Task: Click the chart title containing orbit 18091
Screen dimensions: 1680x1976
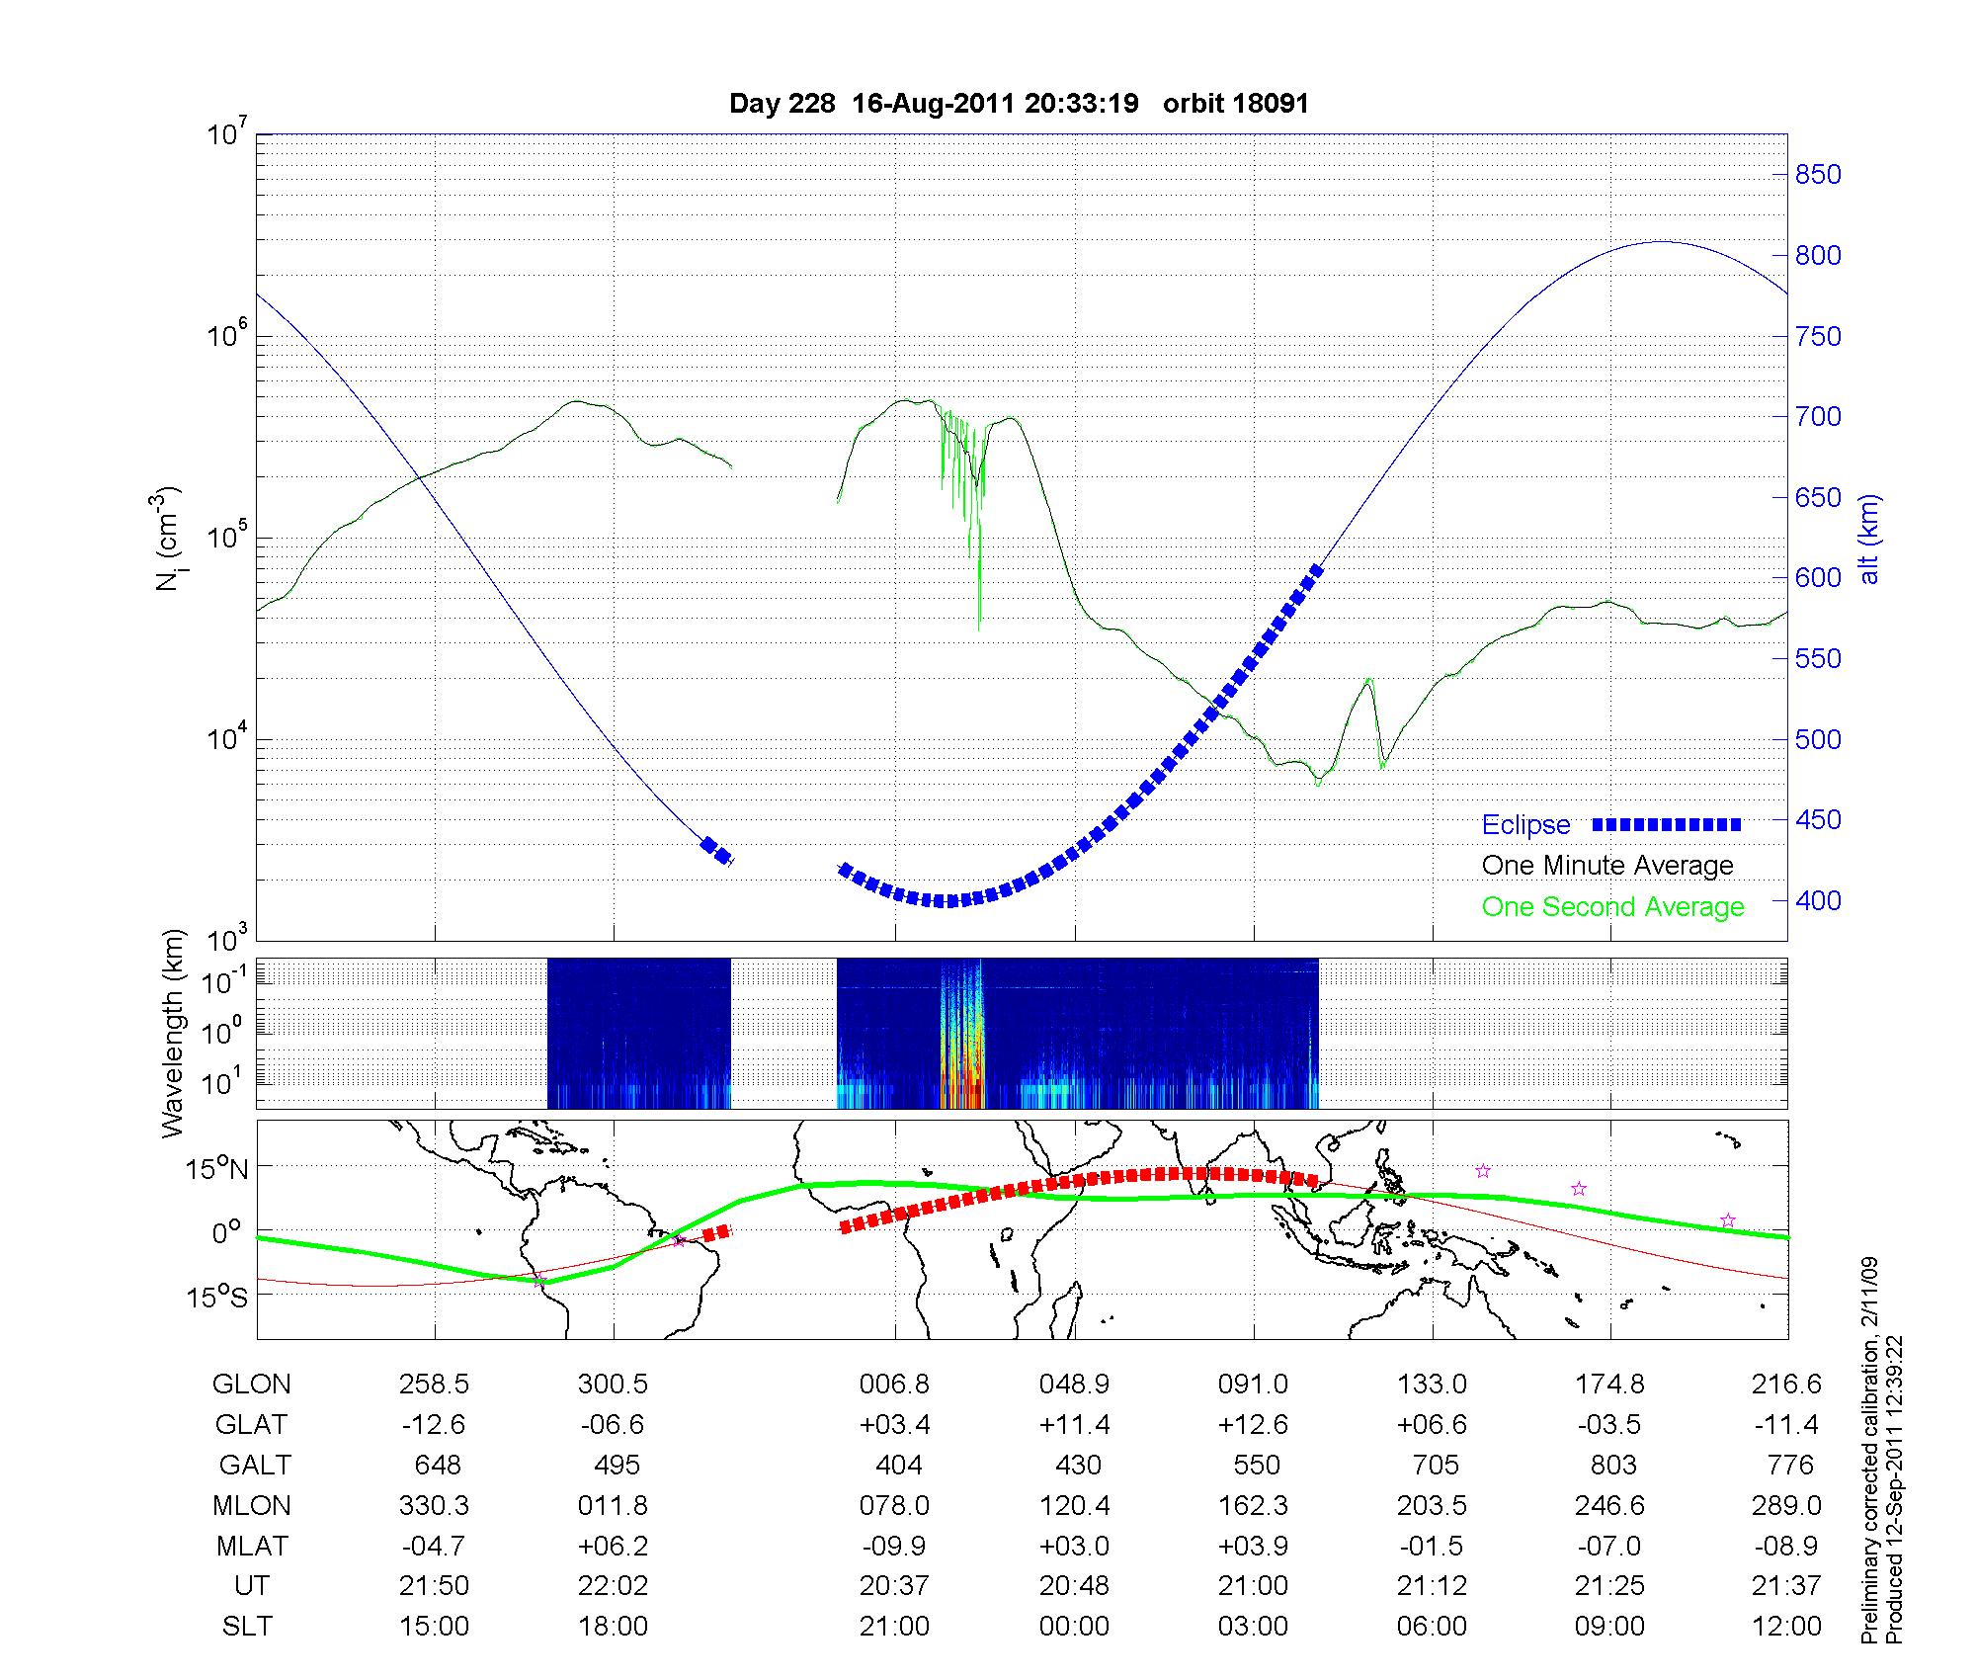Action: (1019, 104)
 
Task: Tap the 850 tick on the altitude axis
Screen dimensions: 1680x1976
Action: (1818, 175)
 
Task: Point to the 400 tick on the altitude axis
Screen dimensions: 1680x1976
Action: (1818, 900)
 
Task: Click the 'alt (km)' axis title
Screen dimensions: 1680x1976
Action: (1868, 539)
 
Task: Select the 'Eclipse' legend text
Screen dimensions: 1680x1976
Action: (1525, 825)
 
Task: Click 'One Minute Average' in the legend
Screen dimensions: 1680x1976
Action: (1607, 866)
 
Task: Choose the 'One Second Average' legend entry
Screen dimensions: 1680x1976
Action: (1612, 907)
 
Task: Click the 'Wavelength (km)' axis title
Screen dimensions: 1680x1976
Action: (173, 1033)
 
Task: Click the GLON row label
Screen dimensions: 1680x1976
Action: (251, 1385)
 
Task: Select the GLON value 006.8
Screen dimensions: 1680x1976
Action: (894, 1385)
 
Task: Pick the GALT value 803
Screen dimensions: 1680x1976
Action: (1612, 1465)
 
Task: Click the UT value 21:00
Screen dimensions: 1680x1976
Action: (1253, 1586)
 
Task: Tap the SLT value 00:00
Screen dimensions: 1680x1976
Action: (1074, 1627)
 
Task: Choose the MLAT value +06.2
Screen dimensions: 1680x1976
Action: (614, 1546)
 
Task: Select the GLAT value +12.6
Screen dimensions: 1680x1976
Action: (1253, 1424)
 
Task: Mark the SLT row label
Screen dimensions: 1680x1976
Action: (247, 1627)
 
